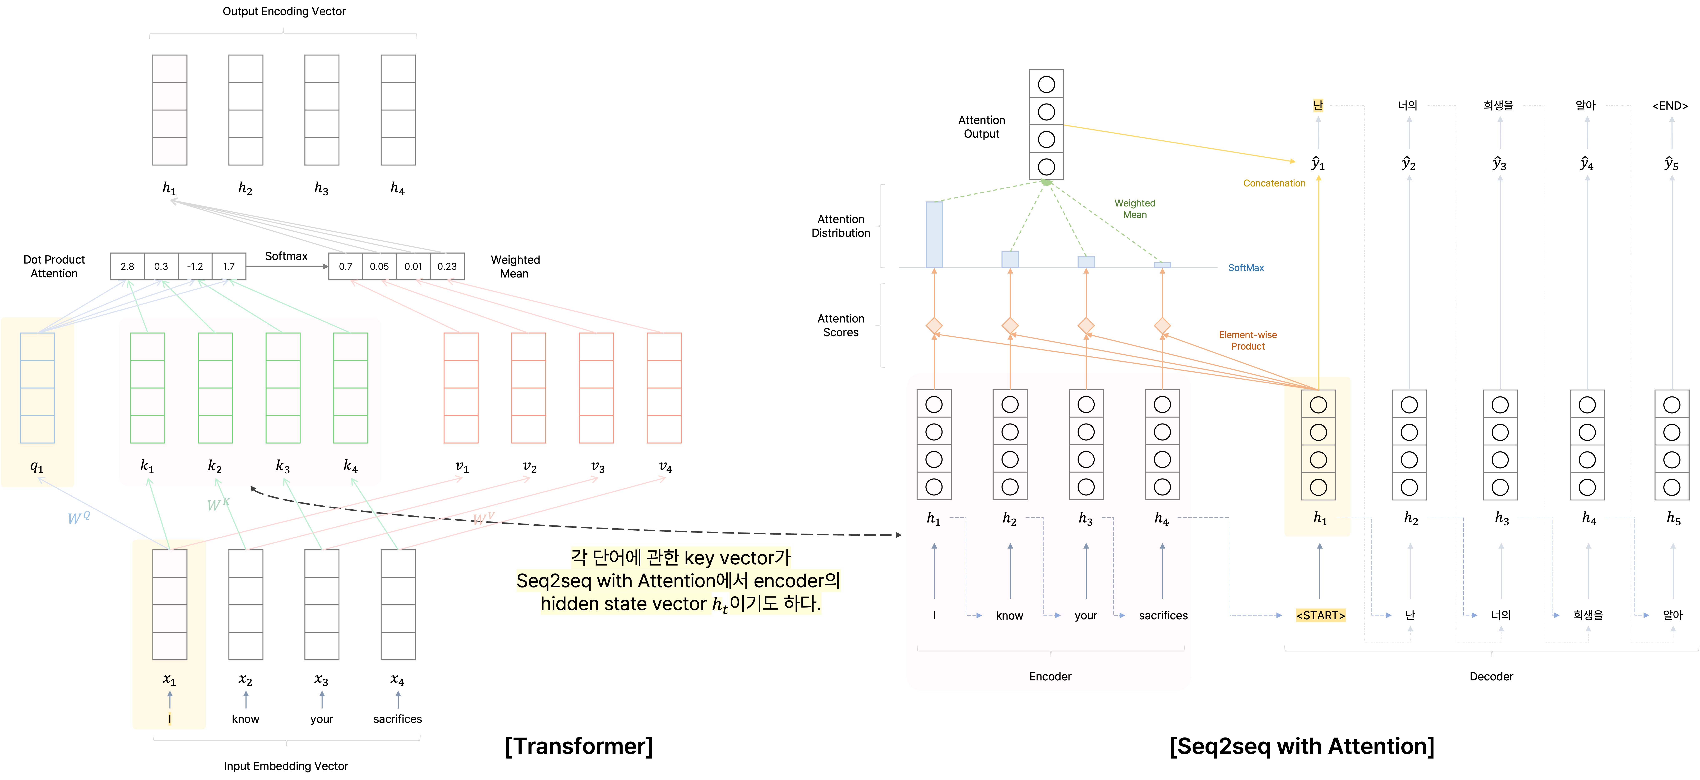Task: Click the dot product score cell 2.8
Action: point(127,267)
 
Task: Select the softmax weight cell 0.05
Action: point(379,267)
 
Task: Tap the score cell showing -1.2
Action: point(195,267)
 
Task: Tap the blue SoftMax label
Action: point(1245,268)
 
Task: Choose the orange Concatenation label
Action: point(1274,184)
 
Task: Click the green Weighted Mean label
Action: point(1134,209)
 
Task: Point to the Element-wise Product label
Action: point(1247,340)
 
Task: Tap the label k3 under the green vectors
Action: point(282,466)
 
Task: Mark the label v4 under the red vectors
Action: point(665,466)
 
